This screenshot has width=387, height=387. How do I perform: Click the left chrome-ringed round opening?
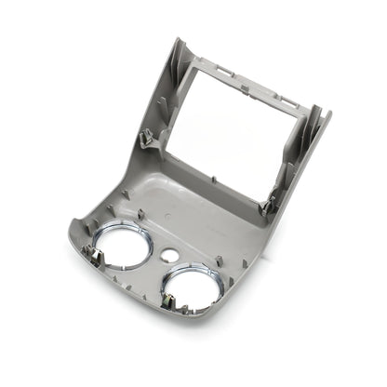(123, 246)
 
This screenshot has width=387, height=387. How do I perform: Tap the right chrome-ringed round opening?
(193, 288)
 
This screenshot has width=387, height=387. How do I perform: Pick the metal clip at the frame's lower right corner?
(268, 207)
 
